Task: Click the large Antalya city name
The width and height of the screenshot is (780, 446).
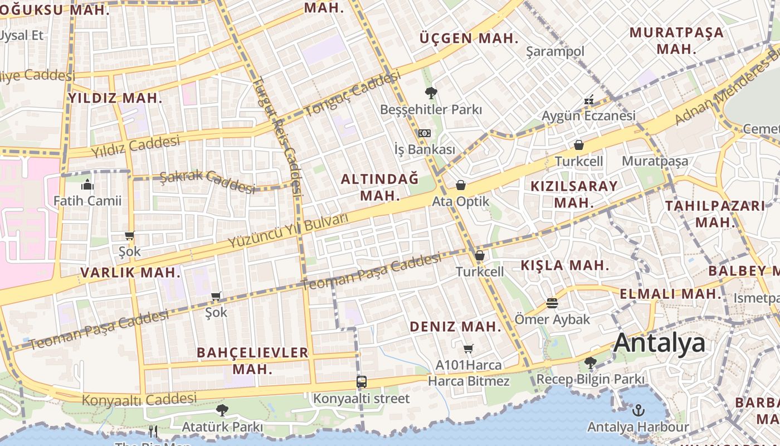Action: pyautogui.click(x=659, y=343)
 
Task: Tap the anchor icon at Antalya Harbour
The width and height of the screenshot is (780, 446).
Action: pyautogui.click(x=638, y=411)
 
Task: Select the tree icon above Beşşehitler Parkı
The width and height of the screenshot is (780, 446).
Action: pyautogui.click(x=431, y=93)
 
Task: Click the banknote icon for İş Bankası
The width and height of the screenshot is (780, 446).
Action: pyautogui.click(x=425, y=133)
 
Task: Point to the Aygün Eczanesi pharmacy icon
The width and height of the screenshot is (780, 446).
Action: pyautogui.click(x=589, y=100)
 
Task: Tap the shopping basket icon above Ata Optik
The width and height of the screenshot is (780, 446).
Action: pyautogui.click(x=461, y=185)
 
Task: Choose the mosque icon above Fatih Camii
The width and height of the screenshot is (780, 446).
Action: pyautogui.click(x=87, y=185)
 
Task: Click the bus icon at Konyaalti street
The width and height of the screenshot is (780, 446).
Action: pyautogui.click(x=362, y=382)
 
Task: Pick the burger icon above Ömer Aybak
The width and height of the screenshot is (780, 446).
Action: pyautogui.click(x=552, y=303)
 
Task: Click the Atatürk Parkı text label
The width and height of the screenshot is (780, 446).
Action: pyautogui.click(x=222, y=427)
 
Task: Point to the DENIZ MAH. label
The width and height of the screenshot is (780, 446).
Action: pyautogui.click(x=456, y=327)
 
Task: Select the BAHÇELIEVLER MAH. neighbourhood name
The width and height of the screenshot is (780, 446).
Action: pyautogui.click(x=252, y=360)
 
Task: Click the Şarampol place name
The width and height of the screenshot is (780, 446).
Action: pyautogui.click(x=555, y=51)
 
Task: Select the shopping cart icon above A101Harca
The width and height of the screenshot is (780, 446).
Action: pyautogui.click(x=469, y=349)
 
